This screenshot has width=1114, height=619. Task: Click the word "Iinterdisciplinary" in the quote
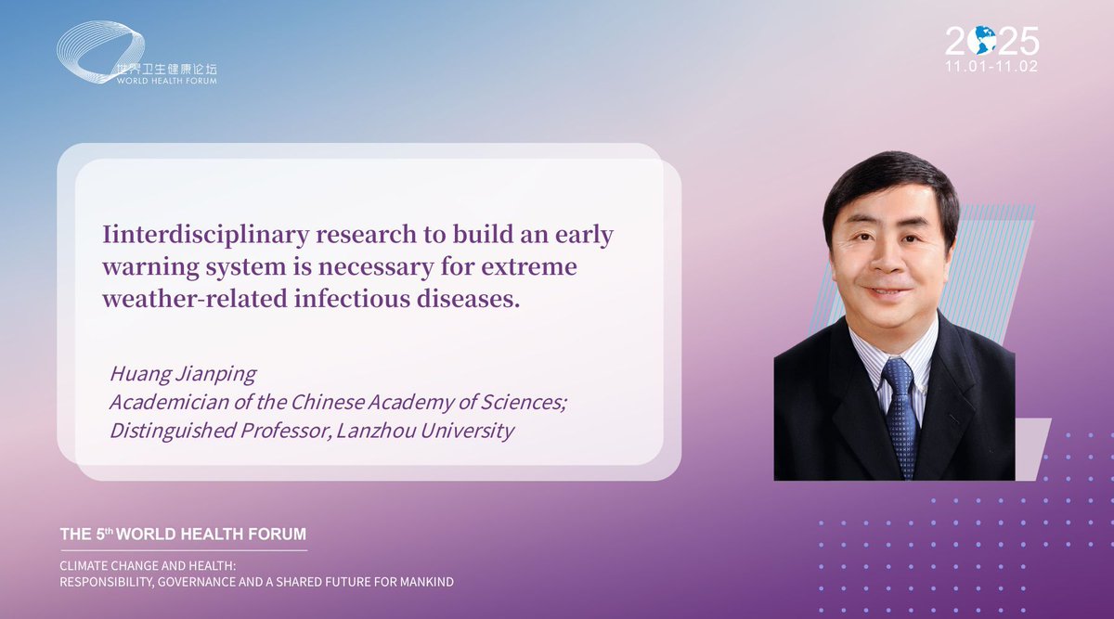pyautogui.click(x=205, y=235)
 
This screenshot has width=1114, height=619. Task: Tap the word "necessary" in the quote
pyautogui.click(x=375, y=266)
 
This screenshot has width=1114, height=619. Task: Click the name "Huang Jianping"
pyautogui.click(x=183, y=374)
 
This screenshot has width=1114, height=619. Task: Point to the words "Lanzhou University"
pyautogui.click(x=425, y=431)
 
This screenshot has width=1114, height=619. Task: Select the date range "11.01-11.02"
pyautogui.click(x=991, y=66)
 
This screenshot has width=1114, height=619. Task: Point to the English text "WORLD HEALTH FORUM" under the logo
pyautogui.click(x=166, y=81)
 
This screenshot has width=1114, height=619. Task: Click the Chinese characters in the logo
pyautogui.click(x=166, y=69)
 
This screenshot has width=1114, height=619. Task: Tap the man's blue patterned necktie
pyautogui.click(x=900, y=418)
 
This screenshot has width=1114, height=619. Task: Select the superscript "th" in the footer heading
pyautogui.click(x=110, y=530)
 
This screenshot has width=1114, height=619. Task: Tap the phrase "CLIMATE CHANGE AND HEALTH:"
pyautogui.click(x=148, y=566)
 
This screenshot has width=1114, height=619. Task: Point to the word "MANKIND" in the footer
pyautogui.click(x=427, y=582)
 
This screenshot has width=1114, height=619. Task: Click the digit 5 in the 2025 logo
pyautogui.click(x=1027, y=41)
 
